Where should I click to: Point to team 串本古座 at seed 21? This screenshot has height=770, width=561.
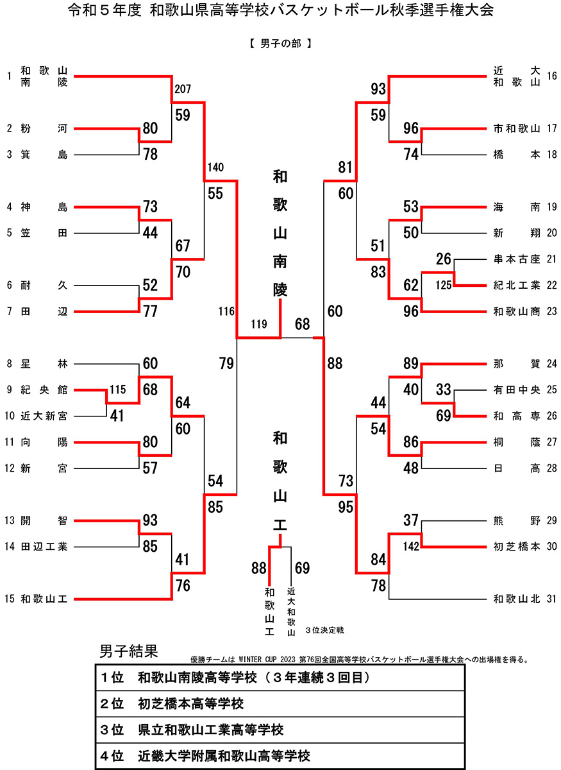pos(517,259)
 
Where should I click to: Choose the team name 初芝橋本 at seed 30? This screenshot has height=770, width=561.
pos(517,546)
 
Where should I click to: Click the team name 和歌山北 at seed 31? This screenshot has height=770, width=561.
pos(517,599)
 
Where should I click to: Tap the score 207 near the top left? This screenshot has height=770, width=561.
pos(183,89)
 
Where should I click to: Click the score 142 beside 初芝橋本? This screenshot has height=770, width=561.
pos(411,547)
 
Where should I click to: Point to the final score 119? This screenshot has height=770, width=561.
pos(259,325)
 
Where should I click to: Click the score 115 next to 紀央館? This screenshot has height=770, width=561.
pos(118,389)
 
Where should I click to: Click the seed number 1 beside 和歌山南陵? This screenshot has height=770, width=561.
pos(10,76)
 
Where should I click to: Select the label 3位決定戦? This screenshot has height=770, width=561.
pos(325,630)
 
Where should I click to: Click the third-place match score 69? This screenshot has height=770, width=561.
pos(302,568)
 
